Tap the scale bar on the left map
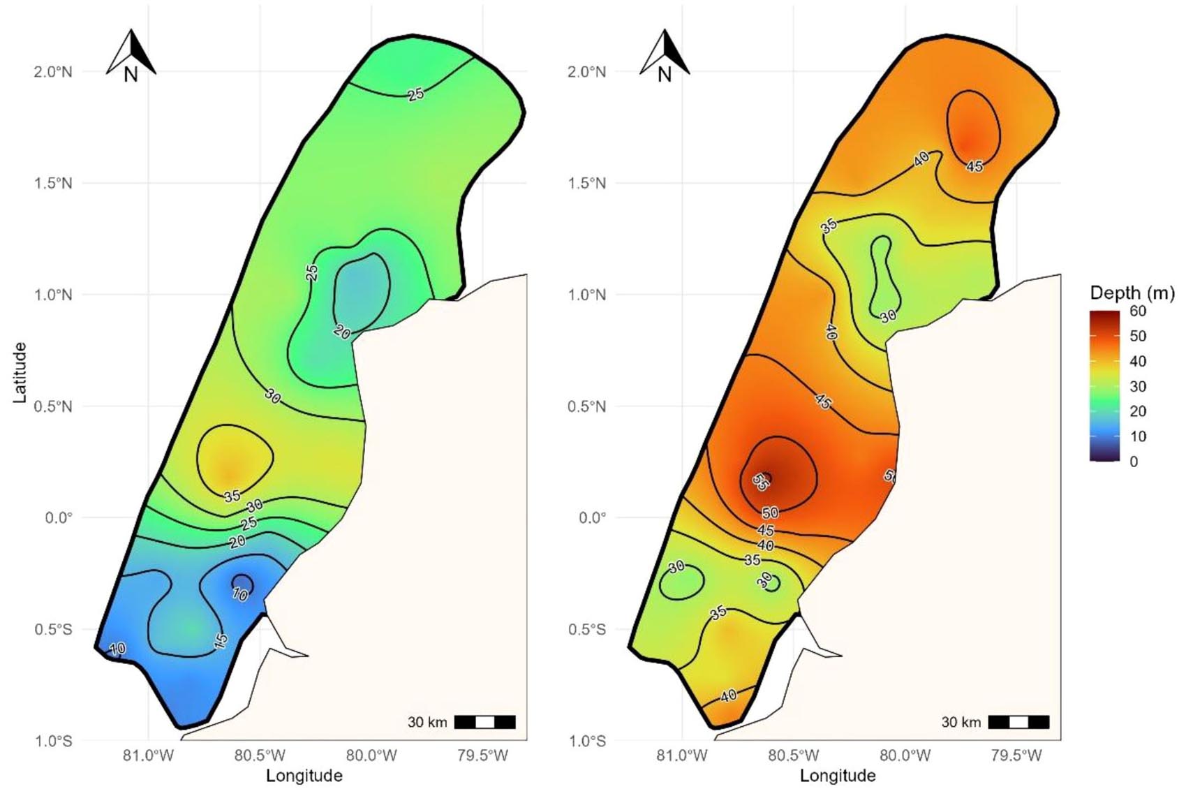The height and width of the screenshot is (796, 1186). point(484,722)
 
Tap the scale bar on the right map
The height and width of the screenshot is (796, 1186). point(1018,722)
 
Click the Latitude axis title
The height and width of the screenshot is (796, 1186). point(20,372)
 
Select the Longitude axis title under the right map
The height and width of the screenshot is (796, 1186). point(838,776)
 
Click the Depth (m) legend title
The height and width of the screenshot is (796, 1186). point(1132,293)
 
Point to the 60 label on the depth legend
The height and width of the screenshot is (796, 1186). point(1138,311)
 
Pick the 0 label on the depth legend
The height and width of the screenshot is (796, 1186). point(1134,462)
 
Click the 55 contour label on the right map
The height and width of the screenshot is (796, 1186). point(762,481)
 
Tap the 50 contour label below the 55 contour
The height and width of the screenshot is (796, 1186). point(770,513)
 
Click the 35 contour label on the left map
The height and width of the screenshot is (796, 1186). point(232,496)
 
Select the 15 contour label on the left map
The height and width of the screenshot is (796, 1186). point(221,641)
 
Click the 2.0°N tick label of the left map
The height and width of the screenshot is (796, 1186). point(53,72)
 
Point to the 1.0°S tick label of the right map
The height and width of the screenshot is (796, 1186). point(587,741)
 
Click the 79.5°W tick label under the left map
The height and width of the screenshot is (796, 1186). point(482,756)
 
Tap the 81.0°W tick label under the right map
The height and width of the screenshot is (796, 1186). point(682,756)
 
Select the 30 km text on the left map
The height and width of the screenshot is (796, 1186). point(427,722)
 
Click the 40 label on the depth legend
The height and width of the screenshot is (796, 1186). point(1138,362)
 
